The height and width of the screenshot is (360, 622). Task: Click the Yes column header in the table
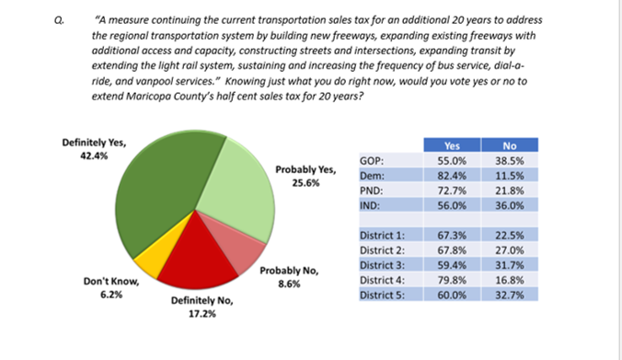click(452, 145)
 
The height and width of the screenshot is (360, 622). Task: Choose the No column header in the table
click(510, 145)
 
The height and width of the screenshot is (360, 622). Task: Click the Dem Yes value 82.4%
click(452, 174)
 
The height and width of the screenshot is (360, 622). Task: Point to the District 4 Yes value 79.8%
click(452, 281)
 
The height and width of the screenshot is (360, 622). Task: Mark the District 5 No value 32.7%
click(510, 296)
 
